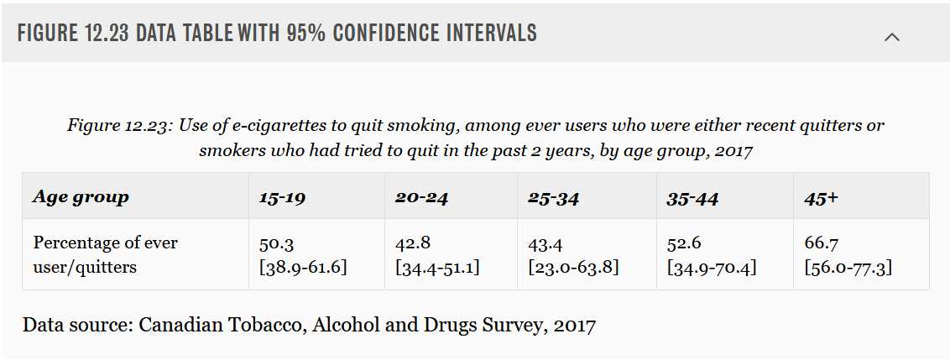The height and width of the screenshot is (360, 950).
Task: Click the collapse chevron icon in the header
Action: pyautogui.click(x=891, y=37)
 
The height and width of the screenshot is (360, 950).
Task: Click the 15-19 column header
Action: pyautogui.click(x=282, y=197)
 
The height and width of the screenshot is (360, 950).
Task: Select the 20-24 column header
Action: pyautogui.click(x=421, y=197)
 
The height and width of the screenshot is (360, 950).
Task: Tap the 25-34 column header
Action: pyautogui.click(x=554, y=197)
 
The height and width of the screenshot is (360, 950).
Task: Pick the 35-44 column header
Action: pyautogui.click(x=692, y=197)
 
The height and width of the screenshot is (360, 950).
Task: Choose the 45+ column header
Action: pyautogui.click(x=821, y=197)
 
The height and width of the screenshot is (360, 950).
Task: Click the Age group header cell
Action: pyautogui.click(x=81, y=198)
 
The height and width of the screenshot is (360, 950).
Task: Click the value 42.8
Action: pyautogui.click(x=412, y=243)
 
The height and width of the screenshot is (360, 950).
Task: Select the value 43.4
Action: pyautogui.click(x=545, y=243)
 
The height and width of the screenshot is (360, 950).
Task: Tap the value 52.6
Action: pyautogui.click(x=684, y=243)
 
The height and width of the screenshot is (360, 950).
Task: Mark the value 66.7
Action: pyautogui.click(x=822, y=243)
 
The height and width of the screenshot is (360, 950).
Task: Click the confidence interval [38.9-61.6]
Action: pyautogui.click(x=303, y=267)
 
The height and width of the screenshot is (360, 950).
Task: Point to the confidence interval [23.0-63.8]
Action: pyautogui.click(x=573, y=267)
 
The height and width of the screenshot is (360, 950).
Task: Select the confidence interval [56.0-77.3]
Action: pyautogui.click(x=848, y=267)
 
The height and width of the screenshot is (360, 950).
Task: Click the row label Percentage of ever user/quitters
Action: pyautogui.click(x=106, y=254)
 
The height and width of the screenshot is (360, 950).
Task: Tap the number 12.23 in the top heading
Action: pyautogui.click(x=104, y=33)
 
